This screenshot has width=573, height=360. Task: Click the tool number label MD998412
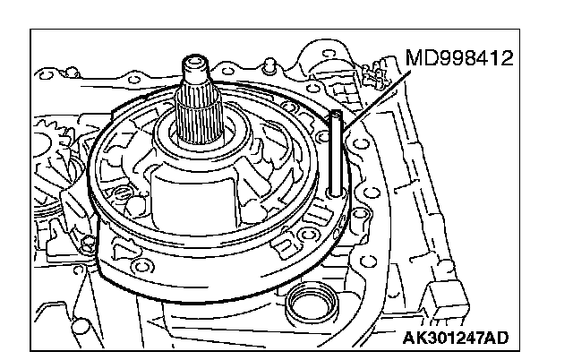(459, 60)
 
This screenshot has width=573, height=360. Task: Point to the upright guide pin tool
(336, 152)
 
